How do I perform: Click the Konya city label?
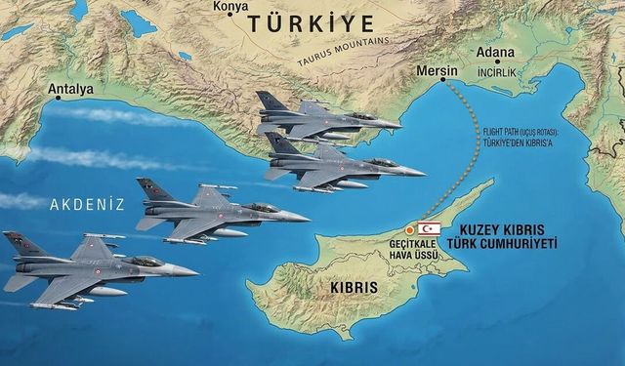pos(231,7)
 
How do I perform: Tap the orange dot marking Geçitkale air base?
pos(410,230)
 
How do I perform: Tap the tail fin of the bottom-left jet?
pos(19,244)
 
